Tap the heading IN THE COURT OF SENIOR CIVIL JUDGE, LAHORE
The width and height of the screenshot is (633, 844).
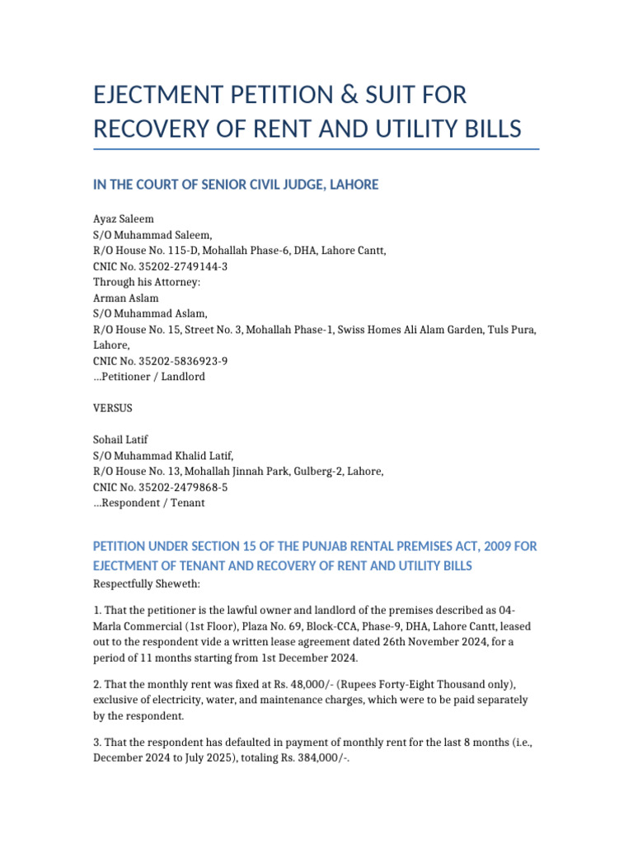pyautogui.click(x=236, y=185)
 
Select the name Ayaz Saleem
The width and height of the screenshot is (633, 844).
pyautogui.click(x=124, y=219)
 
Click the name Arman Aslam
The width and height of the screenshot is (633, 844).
pyautogui.click(x=125, y=298)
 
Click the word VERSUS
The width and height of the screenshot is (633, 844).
pyautogui.click(x=113, y=408)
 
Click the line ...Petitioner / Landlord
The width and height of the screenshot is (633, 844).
pyautogui.click(x=149, y=377)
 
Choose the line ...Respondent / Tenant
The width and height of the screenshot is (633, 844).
pyautogui.click(x=149, y=502)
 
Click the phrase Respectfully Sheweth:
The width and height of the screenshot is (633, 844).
pyautogui.click(x=145, y=584)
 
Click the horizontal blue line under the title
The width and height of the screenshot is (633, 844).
pyautogui.click(x=316, y=149)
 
